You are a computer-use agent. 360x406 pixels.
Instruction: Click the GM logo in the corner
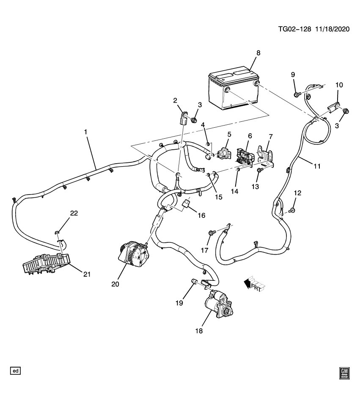(x=344, y=373)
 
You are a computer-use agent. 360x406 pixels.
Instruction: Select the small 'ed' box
(x=16, y=371)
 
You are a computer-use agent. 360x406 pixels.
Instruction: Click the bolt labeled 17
(x=212, y=232)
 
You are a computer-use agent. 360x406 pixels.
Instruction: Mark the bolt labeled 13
(x=260, y=170)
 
